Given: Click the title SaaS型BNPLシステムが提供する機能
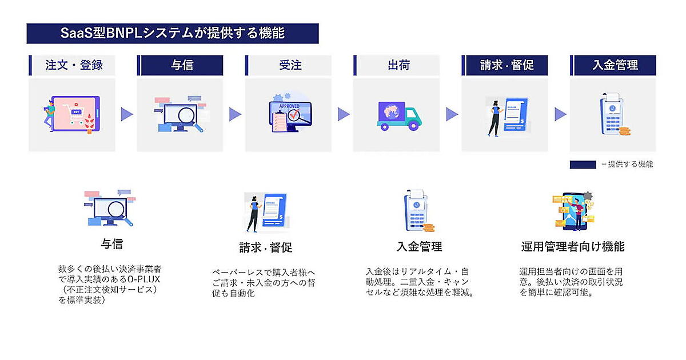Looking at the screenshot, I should tap(172, 34).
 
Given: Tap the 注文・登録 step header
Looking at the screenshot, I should tap(73, 65).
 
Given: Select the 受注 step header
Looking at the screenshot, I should tap(289, 65).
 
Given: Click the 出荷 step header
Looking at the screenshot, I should tap(397, 65).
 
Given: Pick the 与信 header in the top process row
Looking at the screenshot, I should tap(181, 65).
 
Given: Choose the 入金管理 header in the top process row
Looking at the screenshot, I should tap(614, 65).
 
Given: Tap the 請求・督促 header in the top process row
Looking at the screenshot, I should tap(506, 65).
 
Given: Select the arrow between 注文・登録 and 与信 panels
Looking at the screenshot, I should tap(126, 114).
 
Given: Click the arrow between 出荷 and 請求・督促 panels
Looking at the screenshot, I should tap(452, 114).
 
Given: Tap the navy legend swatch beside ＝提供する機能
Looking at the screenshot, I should tap(583, 165).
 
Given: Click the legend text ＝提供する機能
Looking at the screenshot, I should tap(627, 165).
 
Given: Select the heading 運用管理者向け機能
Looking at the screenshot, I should tap(572, 247).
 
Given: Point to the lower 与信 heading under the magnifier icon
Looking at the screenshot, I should tap(112, 244).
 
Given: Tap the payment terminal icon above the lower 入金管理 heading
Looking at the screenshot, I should tap(418, 211).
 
